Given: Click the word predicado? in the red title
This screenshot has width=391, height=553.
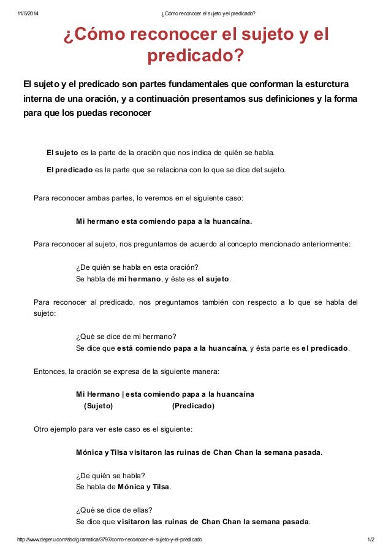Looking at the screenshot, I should tap(195, 56).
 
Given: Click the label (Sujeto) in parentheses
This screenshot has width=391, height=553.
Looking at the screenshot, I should tap(98, 405).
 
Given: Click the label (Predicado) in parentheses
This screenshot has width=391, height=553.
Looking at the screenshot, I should tap(193, 405).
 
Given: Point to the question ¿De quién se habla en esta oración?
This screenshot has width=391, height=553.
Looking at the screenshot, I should tap(137, 267).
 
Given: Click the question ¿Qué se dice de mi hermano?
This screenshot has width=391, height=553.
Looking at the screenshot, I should tap(126, 337).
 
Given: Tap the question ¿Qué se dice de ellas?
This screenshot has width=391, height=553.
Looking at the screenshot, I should tap(114, 509).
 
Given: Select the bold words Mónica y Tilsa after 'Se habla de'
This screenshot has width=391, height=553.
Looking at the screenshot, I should tap(143, 487).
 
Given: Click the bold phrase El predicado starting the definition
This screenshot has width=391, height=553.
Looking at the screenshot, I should tap(70, 170).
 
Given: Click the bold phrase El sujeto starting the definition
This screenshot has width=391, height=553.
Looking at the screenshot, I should tap(63, 153).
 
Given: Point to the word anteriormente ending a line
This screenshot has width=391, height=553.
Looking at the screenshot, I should tap(324, 244).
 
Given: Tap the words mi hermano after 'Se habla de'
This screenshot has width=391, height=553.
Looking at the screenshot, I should tap(138, 279).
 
